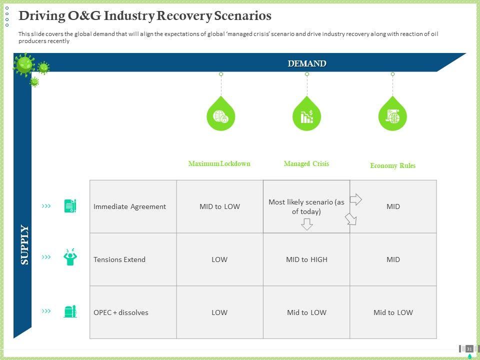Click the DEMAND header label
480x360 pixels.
click(306, 63)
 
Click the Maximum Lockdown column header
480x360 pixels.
click(219, 163)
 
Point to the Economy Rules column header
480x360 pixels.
click(392, 165)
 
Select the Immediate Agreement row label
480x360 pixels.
click(129, 206)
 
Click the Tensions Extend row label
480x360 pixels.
click(119, 259)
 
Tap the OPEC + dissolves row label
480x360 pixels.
click(121, 312)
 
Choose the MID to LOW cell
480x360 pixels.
click(219, 206)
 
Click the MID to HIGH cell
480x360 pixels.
click(306, 259)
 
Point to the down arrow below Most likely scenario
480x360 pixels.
click(306, 224)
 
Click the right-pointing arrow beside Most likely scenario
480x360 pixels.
click(355, 200)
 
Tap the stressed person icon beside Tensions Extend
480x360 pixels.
click(70, 257)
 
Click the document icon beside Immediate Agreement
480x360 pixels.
click(70, 205)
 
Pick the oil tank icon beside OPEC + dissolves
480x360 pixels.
click(70, 311)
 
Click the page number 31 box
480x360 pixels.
click(469, 348)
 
